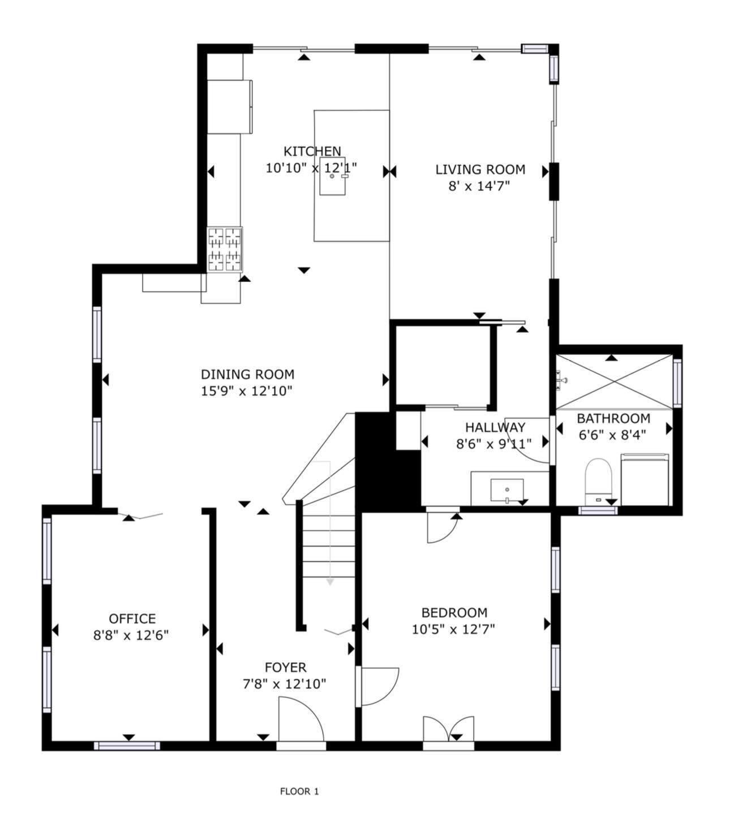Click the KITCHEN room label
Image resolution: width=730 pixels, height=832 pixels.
312,151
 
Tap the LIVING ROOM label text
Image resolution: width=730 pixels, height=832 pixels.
480,170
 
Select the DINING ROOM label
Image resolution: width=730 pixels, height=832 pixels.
247,374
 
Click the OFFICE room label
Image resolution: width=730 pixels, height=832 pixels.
132,619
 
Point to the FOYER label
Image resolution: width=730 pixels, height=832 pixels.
285,668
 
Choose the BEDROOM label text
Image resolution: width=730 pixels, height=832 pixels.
454,613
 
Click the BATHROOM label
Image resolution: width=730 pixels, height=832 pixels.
613,419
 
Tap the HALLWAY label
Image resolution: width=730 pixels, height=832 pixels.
495,428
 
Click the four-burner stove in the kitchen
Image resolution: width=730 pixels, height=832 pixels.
225,249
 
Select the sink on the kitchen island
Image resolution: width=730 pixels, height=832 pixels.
332,176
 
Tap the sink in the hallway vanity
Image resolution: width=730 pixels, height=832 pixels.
507,489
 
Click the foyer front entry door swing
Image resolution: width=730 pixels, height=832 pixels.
301,719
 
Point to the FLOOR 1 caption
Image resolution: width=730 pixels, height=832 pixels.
299,791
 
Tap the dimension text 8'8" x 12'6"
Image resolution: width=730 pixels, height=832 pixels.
131,635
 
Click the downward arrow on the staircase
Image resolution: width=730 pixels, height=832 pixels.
329,581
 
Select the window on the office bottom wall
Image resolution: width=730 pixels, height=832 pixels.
127,746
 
